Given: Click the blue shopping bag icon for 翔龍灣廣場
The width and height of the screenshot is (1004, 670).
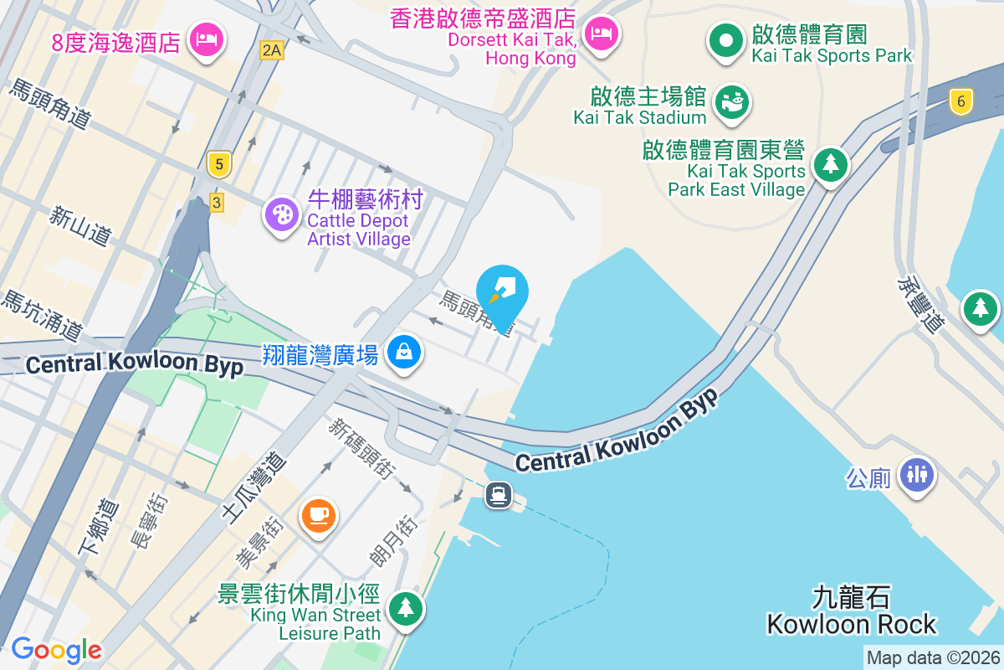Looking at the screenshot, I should tap(404, 353).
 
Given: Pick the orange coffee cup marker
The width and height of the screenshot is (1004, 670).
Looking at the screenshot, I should tap(318, 513).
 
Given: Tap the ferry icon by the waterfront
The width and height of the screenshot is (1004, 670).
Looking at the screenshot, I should tap(499, 495).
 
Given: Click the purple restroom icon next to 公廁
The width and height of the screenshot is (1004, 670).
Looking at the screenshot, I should tap(917, 475).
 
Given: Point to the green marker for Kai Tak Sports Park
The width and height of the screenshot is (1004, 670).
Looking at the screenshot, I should tap(726, 40).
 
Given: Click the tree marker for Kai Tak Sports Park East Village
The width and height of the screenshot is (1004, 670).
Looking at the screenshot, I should tap(830, 164).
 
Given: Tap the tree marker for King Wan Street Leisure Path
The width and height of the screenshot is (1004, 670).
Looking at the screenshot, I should tap(406, 606).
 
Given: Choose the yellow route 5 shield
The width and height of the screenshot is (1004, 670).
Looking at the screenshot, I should tap(218, 165).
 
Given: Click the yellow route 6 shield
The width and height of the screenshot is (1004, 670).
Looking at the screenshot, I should tap(961, 102).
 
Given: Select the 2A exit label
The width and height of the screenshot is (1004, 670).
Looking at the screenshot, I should tap(271, 50).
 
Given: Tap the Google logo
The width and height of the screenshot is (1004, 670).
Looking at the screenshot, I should tap(56, 650).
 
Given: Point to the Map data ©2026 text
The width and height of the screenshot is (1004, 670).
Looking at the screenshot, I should tap(933, 658).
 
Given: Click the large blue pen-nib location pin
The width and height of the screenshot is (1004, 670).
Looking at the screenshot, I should tap(502, 293).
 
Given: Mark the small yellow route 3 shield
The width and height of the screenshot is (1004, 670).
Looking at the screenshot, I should tap(217, 202).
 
